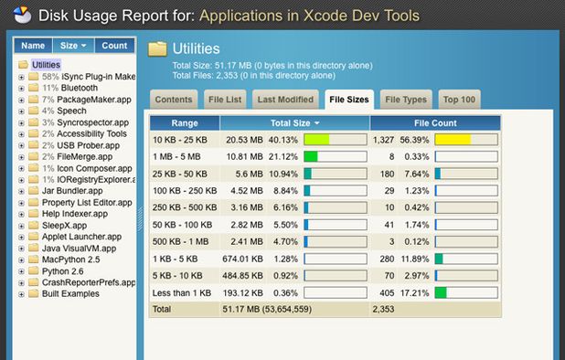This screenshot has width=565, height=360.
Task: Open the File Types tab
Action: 406,100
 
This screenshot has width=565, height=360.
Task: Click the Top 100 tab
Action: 458,100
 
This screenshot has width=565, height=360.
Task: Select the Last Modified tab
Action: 285,100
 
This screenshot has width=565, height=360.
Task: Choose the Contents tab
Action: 174,100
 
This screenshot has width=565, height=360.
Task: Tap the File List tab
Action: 224,100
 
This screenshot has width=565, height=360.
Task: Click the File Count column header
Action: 434,122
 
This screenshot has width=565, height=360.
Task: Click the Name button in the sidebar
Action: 33,46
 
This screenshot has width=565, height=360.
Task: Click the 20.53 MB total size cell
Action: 244,139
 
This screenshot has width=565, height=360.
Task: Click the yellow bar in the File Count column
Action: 453,139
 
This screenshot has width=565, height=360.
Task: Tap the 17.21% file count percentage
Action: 416,292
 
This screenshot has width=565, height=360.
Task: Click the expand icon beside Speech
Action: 20,111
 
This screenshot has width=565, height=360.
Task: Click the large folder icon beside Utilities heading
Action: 157,49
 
